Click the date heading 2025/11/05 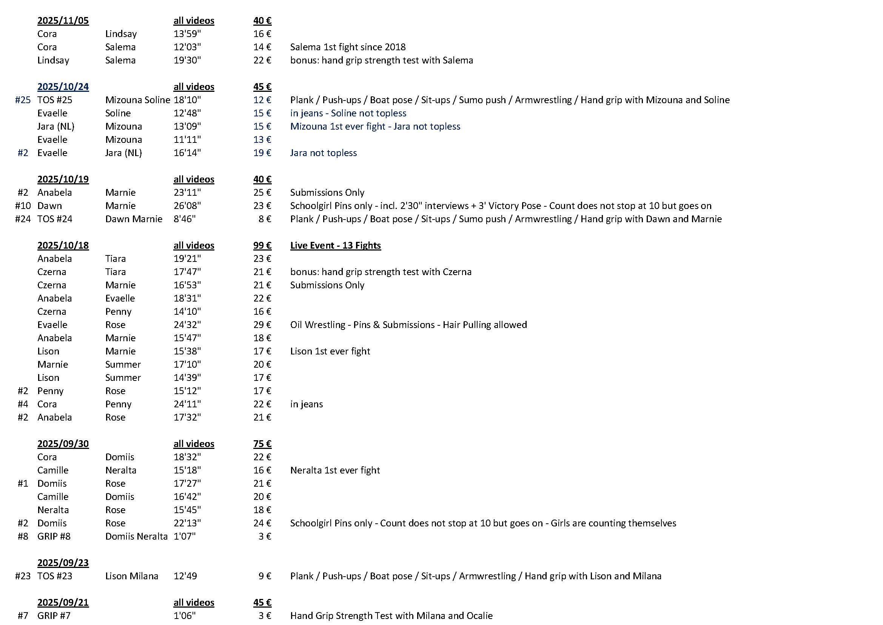[x=63, y=21]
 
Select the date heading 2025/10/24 [x=63, y=87]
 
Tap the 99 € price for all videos [x=262, y=246]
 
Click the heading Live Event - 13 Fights [x=335, y=246]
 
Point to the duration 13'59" [x=187, y=34]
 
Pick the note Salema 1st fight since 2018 [x=348, y=47]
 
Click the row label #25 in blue [x=23, y=100]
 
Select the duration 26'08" [x=187, y=206]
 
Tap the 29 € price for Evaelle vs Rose [x=262, y=325]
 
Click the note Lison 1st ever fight [x=330, y=351]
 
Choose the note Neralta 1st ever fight [x=335, y=470]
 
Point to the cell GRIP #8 [x=54, y=537]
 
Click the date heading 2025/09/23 [x=63, y=563]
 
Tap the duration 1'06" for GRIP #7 [x=185, y=616]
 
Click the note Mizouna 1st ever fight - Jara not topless [x=375, y=127]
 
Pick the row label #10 [x=23, y=206]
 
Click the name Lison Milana [x=131, y=576]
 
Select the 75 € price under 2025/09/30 [x=262, y=444]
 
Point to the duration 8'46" [x=185, y=219]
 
